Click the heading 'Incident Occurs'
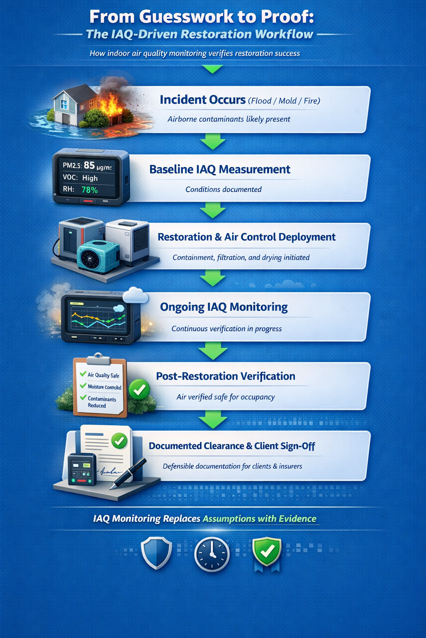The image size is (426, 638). click(203, 100)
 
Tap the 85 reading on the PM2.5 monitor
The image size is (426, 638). click(89, 165)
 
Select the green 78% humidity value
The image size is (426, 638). click(89, 190)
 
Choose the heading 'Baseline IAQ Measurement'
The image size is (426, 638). click(220, 169)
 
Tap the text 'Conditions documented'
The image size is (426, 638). click(223, 189)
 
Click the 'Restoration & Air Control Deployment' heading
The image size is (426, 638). click(246, 237)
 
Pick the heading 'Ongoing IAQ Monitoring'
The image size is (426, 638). click(224, 307)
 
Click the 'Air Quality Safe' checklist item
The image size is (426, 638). click(103, 375)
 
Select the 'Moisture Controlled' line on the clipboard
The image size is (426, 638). click(104, 387)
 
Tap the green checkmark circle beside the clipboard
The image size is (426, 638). click(139, 389)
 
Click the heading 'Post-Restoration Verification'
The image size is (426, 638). click(225, 376)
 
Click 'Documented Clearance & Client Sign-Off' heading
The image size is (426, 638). click(232, 446)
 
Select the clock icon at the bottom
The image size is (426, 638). click(212, 554)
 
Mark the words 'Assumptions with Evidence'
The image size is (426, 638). click(259, 519)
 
